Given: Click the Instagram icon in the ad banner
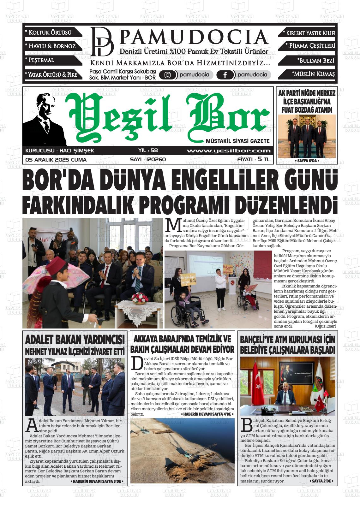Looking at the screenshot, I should (168, 75).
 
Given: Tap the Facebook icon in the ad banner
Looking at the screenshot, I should (225, 75).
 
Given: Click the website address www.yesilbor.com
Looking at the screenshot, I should (229, 151).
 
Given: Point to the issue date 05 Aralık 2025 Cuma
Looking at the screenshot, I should (56, 160).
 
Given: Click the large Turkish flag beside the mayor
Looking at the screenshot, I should (261, 385).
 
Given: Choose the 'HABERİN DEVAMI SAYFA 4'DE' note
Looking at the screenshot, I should (207, 414).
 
